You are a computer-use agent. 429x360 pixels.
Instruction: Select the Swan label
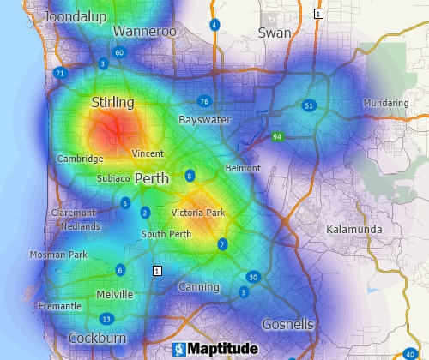(x=275, y=33)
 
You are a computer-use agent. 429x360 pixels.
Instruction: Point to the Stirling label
(x=112, y=103)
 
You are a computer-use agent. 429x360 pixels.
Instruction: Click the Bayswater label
(x=204, y=121)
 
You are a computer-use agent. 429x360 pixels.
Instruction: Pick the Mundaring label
(x=385, y=103)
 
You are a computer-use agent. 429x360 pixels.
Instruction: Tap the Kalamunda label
(x=353, y=230)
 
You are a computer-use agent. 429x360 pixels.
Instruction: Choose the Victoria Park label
(x=197, y=213)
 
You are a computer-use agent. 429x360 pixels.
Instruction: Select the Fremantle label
(x=60, y=306)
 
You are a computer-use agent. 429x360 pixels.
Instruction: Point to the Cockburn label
(x=91, y=337)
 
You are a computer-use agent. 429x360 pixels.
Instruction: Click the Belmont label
(x=242, y=168)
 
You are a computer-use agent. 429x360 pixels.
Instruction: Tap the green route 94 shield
(x=277, y=136)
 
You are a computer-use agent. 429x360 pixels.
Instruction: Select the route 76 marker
(x=203, y=101)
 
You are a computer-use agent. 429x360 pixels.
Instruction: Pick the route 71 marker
(x=59, y=74)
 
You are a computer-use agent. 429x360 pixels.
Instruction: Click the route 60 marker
(x=118, y=52)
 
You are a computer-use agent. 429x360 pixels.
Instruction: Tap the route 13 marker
(x=106, y=319)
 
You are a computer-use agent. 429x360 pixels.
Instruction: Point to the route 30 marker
(x=252, y=277)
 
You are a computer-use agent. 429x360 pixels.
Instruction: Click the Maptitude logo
(x=214, y=349)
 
